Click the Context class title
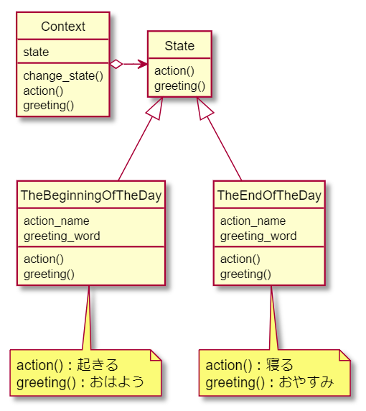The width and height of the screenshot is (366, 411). pos(63,27)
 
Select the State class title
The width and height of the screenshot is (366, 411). pos(179,46)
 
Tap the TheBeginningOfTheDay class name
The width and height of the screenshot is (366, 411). pos(91,195)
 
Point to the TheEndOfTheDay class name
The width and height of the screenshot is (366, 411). pos(269,195)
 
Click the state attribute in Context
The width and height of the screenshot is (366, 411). pos(36,52)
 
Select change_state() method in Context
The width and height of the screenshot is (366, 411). pos(63,76)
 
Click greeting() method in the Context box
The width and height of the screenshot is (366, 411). pos(48,106)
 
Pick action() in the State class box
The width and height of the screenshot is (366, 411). pos(174,70)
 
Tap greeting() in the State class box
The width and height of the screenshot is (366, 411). pos(179,86)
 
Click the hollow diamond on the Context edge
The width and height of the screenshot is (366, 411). pos(116,64)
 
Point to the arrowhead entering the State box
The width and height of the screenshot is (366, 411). pos(143,64)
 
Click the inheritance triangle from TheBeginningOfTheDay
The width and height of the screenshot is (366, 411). pos(155,108)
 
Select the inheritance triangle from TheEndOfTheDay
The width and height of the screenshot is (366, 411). pos(205,108)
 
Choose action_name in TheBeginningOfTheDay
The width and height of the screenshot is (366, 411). pos(57,221)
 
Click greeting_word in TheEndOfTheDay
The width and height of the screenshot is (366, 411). pos(258,236)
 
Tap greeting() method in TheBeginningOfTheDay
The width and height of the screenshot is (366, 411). pos(49,274)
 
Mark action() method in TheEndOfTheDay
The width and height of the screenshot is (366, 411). pos(240,259)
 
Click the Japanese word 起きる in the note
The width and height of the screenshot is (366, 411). pos(98,365)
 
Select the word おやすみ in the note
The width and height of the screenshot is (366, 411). pos(306,382)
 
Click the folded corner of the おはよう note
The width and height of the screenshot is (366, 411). pos(156,355)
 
